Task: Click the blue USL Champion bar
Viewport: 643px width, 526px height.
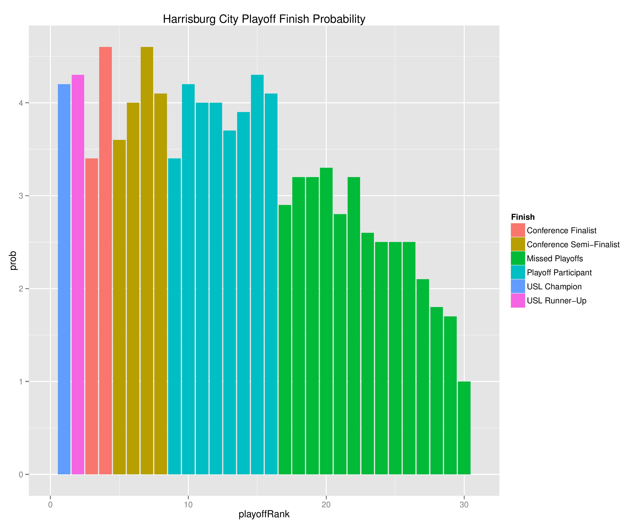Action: [x=64, y=279]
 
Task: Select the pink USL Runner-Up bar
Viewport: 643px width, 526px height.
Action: [x=78, y=274]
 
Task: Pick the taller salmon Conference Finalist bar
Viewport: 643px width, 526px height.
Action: [x=105, y=261]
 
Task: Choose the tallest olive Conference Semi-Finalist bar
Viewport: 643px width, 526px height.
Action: [x=147, y=261]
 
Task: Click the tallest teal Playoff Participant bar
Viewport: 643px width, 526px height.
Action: [x=257, y=274]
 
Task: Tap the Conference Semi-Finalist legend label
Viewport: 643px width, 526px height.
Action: [x=573, y=244]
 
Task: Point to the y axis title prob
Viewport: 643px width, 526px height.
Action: [x=13, y=261]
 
